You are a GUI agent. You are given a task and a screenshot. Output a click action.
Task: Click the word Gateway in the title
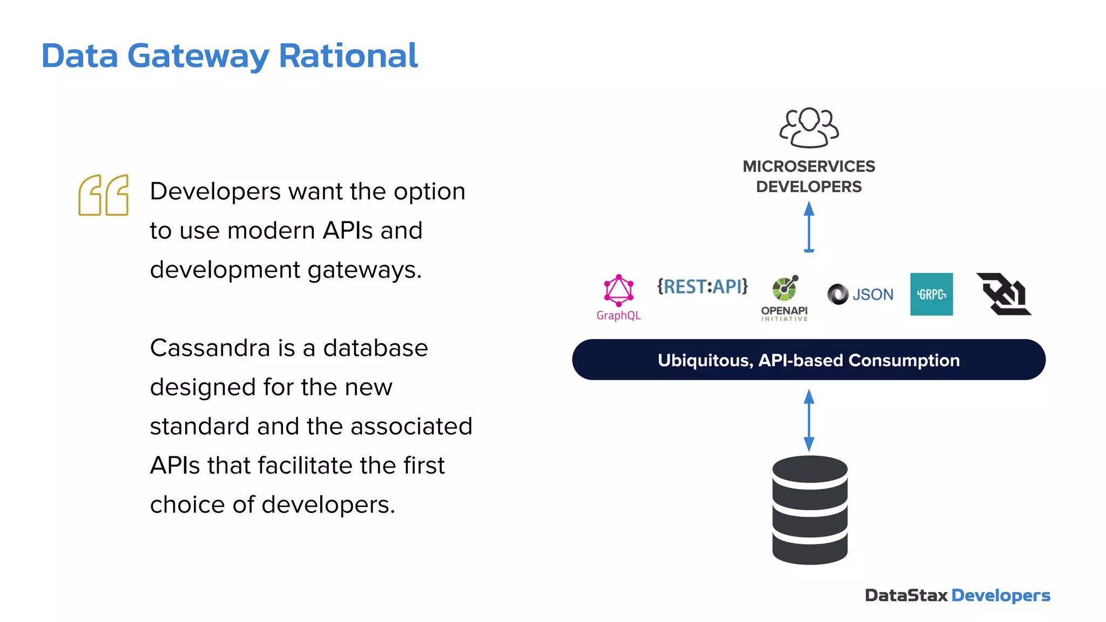pyautogui.click(x=198, y=56)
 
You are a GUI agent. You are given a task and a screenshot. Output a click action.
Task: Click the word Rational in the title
pyautogui.click(x=348, y=56)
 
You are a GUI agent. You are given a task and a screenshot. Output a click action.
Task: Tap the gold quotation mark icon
pyautogui.click(x=103, y=195)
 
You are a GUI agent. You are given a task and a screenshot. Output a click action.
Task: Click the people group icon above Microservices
pyautogui.click(x=808, y=127)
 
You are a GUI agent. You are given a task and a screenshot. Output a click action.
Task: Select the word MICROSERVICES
pyautogui.click(x=808, y=166)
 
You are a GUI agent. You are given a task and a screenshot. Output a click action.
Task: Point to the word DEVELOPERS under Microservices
pyautogui.click(x=808, y=187)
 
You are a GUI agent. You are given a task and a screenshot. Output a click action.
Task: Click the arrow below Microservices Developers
pyautogui.click(x=808, y=226)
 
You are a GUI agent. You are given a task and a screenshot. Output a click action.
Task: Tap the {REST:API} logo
pyautogui.click(x=702, y=286)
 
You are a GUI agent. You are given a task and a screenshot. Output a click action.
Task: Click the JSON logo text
pyautogui.click(x=872, y=294)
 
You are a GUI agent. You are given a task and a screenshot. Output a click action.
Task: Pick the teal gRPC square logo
pyautogui.click(x=931, y=294)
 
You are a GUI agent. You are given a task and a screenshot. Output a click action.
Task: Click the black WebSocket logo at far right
pyautogui.click(x=1003, y=294)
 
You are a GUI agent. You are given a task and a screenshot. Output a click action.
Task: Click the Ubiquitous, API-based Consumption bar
pyautogui.click(x=808, y=360)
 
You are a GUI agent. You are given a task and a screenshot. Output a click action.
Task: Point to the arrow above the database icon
pyautogui.click(x=808, y=420)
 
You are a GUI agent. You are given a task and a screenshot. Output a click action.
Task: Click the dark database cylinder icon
pyautogui.click(x=810, y=510)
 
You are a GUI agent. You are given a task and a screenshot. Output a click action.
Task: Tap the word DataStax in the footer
pyautogui.click(x=906, y=596)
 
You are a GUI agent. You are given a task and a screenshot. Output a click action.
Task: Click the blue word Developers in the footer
pyautogui.click(x=1000, y=596)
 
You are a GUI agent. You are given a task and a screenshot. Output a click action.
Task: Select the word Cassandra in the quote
pyautogui.click(x=210, y=348)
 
